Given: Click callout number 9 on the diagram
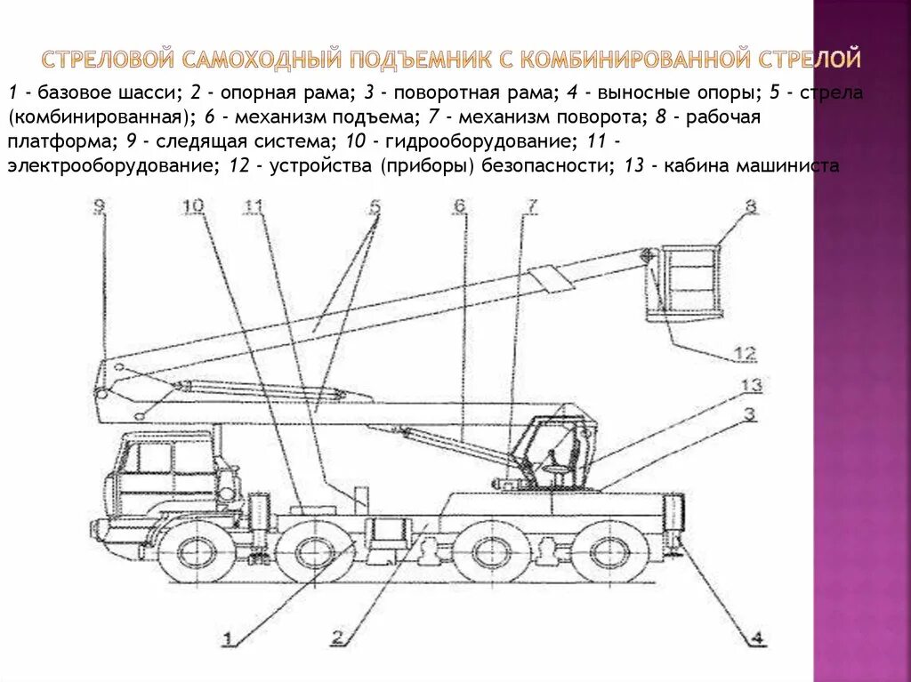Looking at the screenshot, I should click(x=99, y=207).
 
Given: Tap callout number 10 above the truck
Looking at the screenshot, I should click(x=194, y=207).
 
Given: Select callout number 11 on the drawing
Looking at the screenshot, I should click(x=254, y=207).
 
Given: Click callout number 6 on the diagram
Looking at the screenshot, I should click(x=459, y=207).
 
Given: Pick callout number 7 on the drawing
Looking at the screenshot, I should click(x=531, y=207).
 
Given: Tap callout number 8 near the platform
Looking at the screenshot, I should click(x=751, y=207).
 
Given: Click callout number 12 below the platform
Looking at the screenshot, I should click(x=745, y=353).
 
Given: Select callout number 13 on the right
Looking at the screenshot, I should click(x=753, y=386).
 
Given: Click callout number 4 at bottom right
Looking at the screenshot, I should click(x=755, y=637).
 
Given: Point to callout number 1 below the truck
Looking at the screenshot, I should click(x=229, y=637).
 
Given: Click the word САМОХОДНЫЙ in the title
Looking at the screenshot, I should click(x=262, y=60).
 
